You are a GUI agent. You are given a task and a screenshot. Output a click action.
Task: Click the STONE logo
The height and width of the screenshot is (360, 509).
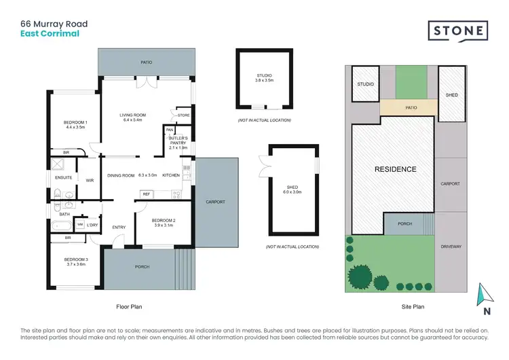coord(457,31)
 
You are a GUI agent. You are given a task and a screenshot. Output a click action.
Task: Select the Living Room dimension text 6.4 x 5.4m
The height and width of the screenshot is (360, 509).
coord(131,120)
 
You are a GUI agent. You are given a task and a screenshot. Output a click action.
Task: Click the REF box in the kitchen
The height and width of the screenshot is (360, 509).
coord(145,194)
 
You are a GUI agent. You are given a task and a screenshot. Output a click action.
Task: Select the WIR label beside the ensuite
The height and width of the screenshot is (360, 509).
coord(90,181)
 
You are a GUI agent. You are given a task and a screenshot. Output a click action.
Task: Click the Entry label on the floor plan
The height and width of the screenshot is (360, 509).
coord(119,227)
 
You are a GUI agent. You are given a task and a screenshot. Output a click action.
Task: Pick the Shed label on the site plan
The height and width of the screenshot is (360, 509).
coord(451,95)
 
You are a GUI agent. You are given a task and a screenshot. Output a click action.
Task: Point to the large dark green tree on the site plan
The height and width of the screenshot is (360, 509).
coord(360,277)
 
